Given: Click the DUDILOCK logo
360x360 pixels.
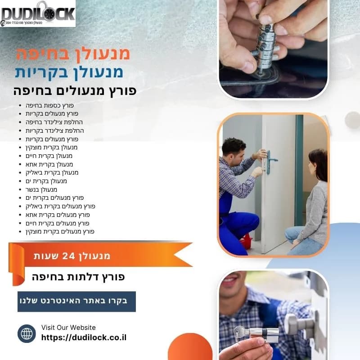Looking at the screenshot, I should click(x=38, y=13).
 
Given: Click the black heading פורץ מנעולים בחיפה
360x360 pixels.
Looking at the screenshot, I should click(x=75, y=90).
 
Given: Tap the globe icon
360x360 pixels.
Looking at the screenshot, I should click(x=27, y=333).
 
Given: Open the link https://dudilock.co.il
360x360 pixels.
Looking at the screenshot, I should click(x=84, y=337).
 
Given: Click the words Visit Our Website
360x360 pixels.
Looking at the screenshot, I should click(x=68, y=328).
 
